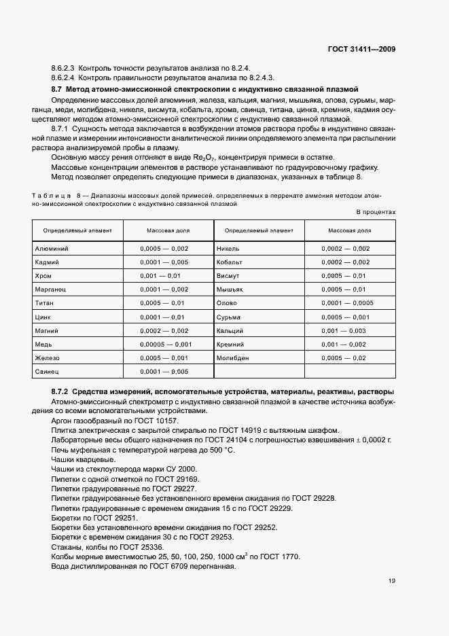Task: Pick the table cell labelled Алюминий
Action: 52,249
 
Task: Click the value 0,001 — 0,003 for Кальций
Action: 343,331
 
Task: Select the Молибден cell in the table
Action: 232,358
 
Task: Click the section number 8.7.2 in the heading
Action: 60,393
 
